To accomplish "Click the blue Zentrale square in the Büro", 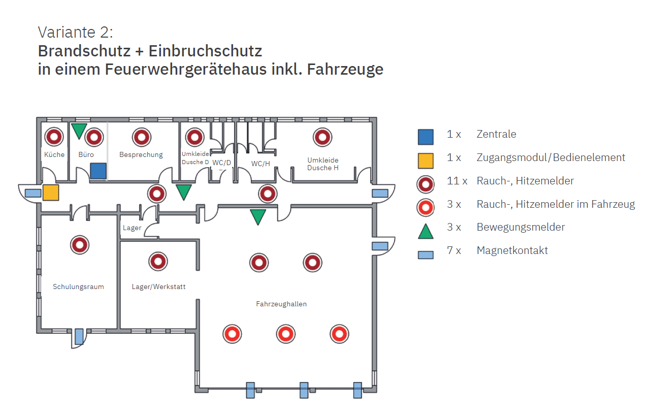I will click(99, 171).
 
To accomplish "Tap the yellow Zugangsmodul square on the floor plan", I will click(51, 193).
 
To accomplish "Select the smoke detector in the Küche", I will click(54, 137).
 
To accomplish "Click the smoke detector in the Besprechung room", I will click(141, 137).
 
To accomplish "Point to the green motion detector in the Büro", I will click(79, 130).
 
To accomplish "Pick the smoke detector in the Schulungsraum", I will click(79, 245).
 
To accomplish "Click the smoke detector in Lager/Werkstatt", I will click(158, 261).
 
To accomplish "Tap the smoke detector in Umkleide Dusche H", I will click(322, 137).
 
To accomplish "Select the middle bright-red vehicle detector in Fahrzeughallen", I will click(286, 334).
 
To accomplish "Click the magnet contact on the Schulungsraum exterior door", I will click(79, 336).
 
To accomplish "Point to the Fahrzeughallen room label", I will click(281, 304).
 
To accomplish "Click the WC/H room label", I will click(260, 164).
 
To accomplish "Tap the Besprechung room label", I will click(141, 154).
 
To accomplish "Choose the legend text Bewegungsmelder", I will click(520, 227).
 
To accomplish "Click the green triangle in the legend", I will click(426, 232).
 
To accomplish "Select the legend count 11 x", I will click(454, 181).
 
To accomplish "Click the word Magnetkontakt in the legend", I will click(512, 250).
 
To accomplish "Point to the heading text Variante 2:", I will click(76, 33).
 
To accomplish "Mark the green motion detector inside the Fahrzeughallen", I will click(258, 216).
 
